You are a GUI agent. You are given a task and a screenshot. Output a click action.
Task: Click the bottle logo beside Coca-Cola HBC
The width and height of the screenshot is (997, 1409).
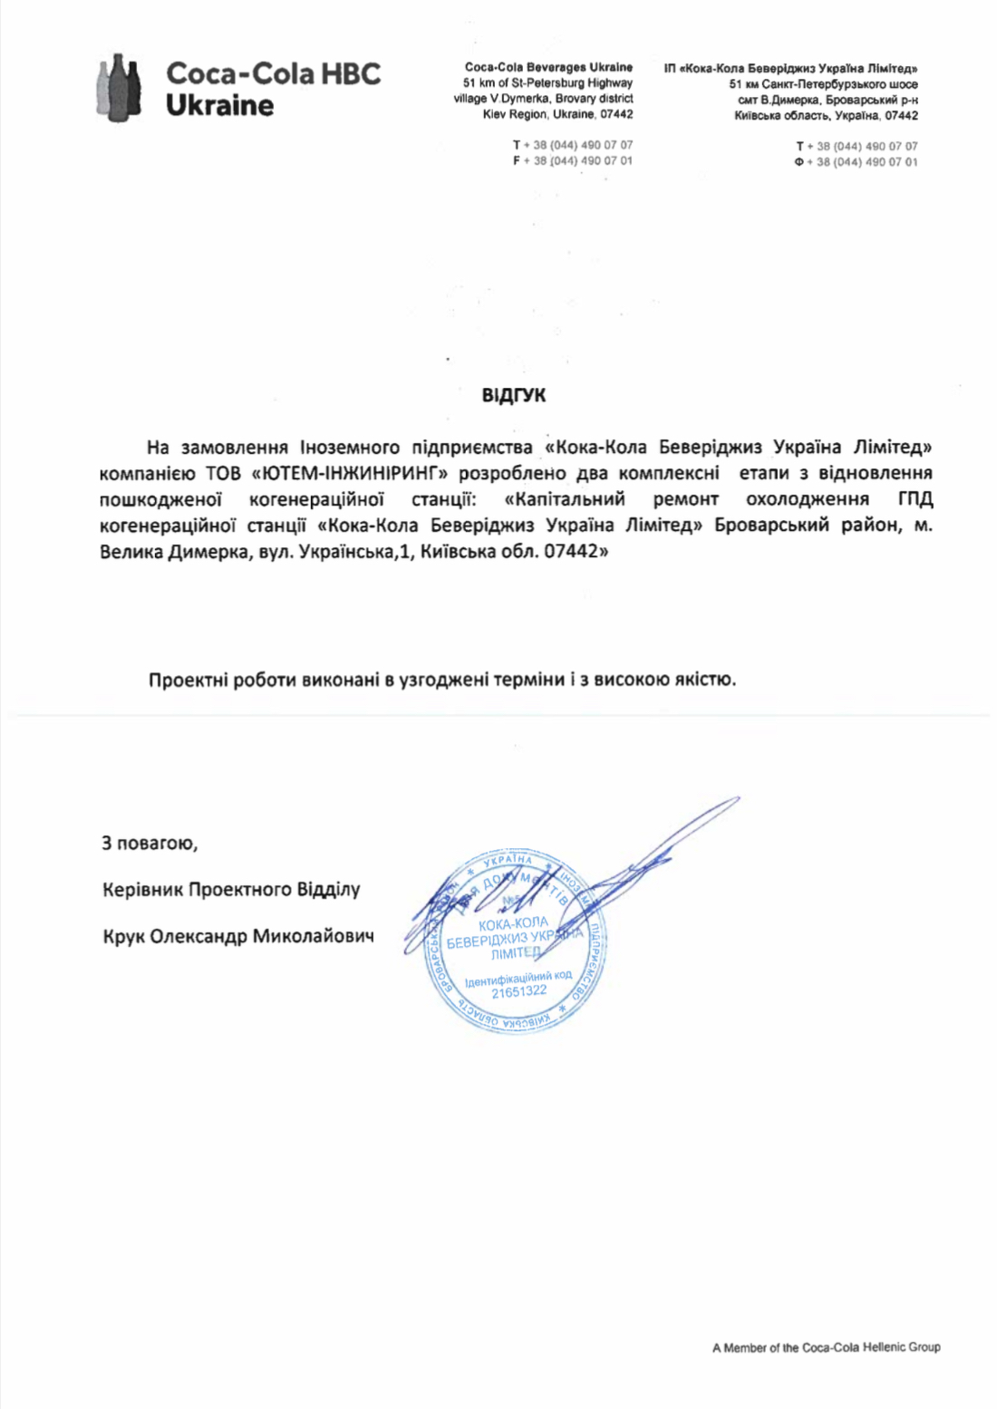[119, 87]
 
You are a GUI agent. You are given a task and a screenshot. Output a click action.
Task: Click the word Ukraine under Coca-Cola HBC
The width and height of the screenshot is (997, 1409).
[219, 105]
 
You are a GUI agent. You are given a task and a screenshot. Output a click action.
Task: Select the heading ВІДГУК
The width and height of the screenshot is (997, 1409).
[513, 396]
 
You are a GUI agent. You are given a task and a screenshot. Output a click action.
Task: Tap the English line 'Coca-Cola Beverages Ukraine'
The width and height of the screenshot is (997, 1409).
[548, 67]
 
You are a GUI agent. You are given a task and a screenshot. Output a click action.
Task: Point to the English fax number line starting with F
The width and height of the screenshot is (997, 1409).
[573, 160]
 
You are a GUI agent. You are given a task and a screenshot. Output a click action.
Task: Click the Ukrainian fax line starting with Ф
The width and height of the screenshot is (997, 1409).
[856, 162]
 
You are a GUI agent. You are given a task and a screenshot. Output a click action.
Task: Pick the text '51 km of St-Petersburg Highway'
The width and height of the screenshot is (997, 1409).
[547, 82]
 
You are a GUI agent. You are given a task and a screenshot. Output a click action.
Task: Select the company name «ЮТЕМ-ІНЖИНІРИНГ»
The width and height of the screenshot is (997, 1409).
[350, 473]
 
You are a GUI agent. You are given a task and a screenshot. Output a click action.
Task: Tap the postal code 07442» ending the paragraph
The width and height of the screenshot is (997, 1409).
[576, 551]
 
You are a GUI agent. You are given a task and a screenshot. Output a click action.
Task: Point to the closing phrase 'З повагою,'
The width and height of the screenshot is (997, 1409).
[150, 844]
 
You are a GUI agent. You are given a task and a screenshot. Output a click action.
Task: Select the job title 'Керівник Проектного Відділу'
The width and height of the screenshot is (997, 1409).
[231, 890]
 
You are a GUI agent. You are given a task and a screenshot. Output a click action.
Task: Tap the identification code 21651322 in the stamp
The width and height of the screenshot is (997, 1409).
[518, 991]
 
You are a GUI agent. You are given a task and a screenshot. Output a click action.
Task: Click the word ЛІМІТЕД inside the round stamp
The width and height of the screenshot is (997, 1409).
[515, 953]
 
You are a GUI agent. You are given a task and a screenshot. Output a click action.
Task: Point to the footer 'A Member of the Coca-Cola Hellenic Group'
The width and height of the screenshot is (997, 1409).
[826, 1347]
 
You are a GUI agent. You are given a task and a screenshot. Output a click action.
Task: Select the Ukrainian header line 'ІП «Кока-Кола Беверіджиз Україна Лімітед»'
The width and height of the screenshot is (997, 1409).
[790, 68]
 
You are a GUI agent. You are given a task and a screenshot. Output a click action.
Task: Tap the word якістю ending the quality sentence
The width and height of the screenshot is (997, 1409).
[703, 680]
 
